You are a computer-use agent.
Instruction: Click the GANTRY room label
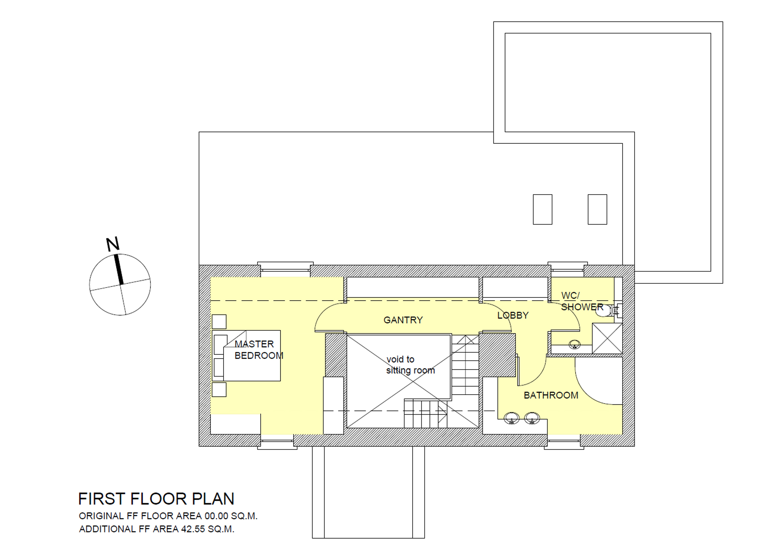point(403,320)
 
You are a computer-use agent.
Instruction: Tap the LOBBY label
point(513,315)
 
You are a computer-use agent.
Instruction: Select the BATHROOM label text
point(551,395)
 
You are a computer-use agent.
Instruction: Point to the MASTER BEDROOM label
point(259,350)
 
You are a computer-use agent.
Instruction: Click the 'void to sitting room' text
point(410,365)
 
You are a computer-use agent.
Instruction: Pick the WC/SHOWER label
point(582,301)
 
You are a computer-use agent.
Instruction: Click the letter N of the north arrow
point(113,244)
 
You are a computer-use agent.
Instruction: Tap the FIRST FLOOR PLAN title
point(156,499)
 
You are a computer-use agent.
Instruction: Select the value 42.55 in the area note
point(193,529)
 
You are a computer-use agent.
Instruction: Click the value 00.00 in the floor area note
point(216,516)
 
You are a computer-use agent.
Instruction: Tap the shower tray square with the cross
point(607,338)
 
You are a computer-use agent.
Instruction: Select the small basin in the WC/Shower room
point(574,344)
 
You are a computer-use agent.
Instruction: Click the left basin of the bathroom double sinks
point(511,418)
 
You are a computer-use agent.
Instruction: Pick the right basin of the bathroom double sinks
point(532,418)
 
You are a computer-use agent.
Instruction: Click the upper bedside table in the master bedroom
point(219,321)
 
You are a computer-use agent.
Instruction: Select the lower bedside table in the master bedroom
point(219,389)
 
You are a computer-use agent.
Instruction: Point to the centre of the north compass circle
point(120,285)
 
